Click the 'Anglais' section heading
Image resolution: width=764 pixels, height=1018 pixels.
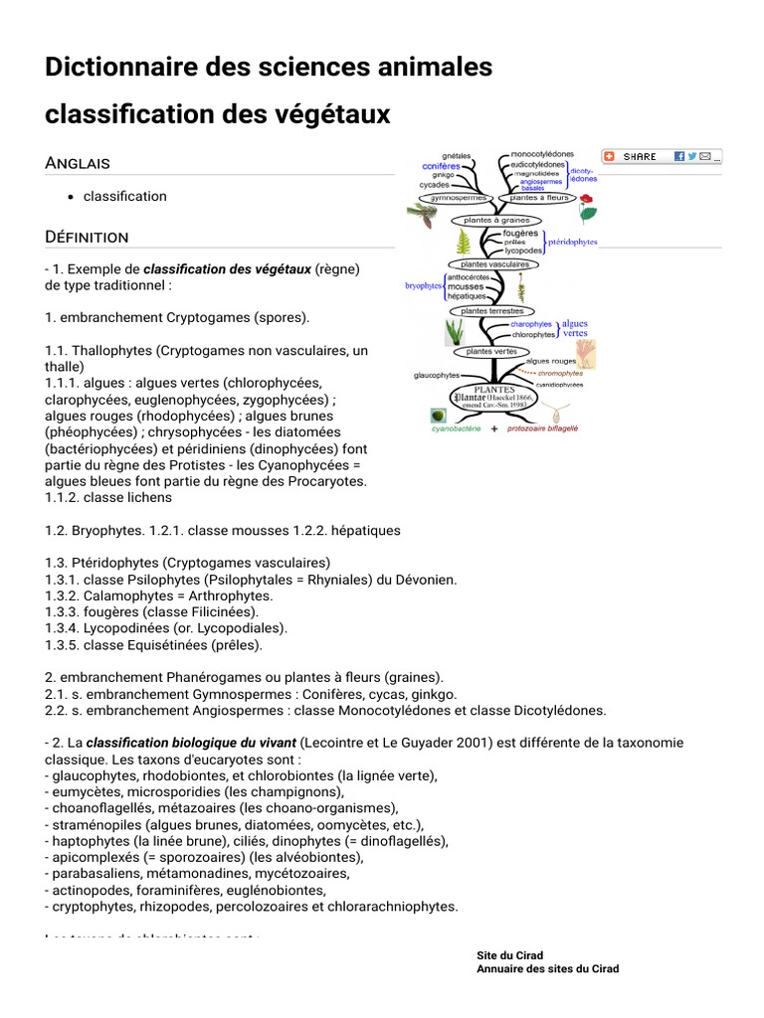[x=78, y=162]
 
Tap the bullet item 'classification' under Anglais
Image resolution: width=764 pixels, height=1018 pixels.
[x=125, y=196]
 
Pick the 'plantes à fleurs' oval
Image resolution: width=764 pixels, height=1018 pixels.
[x=538, y=198]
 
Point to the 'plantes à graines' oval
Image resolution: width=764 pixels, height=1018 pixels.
[x=496, y=220]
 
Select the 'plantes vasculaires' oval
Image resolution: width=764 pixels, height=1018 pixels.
[x=494, y=264]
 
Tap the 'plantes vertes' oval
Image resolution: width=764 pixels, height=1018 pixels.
[x=490, y=351]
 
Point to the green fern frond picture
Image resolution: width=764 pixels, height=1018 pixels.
[x=463, y=242]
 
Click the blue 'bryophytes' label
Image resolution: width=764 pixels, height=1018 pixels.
[x=424, y=286]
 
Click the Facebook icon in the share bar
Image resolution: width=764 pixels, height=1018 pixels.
[x=678, y=156]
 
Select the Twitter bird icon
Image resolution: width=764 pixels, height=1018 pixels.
[x=692, y=156]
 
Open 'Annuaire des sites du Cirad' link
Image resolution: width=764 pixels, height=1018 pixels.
[x=547, y=968]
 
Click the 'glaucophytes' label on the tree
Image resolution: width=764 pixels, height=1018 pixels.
[x=437, y=375]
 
